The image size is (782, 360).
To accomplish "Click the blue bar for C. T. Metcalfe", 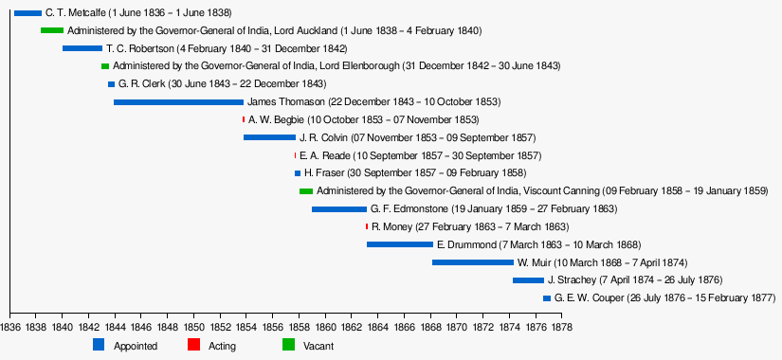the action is (27, 13).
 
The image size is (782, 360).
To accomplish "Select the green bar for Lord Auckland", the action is (52, 30).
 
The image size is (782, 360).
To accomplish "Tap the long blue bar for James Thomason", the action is (178, 102).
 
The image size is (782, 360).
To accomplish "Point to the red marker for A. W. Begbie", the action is (244, 119).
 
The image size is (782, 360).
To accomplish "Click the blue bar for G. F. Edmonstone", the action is (339, 209).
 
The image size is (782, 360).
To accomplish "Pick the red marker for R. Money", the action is (367, 226).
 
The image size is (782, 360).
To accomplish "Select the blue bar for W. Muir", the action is (473, 262).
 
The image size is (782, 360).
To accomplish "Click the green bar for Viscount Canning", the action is (306, 191).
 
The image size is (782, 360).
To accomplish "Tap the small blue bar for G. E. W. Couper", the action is (547, 298).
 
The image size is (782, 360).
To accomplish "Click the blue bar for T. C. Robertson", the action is (82, 48).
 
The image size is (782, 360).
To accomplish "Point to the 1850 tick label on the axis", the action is (193, 328).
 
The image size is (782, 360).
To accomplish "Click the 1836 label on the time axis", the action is (10, 328).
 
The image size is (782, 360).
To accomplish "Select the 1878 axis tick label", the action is (562, 328).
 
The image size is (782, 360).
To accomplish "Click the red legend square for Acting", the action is (193, 344).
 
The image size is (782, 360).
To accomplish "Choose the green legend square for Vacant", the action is (289, 344).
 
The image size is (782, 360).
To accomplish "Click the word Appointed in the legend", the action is (136, 346).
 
